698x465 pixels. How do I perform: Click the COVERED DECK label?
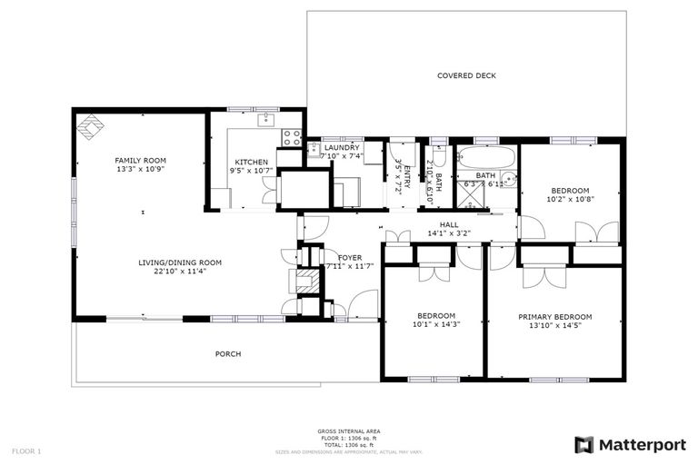click(x=466, y=76)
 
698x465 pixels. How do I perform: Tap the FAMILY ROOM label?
click(x=140, y=160)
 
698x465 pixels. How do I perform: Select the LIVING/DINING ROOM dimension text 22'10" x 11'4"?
click(x=180, y=271)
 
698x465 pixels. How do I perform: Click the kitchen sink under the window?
click(x=267, y=119)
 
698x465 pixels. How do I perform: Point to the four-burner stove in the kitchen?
click(x=292, y=137)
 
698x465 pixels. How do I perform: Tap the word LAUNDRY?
click(x=342, y=147)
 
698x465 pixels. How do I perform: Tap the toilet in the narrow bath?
click(x=439, y=153)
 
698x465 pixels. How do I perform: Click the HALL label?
click(x=449, y=224)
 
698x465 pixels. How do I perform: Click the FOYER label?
click(x=350, y=258)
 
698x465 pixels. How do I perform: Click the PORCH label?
click(x=228, y=353)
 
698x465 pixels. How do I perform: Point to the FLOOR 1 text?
click(x=26, y=450)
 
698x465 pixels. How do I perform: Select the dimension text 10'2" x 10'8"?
click(x=570, y=199)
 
